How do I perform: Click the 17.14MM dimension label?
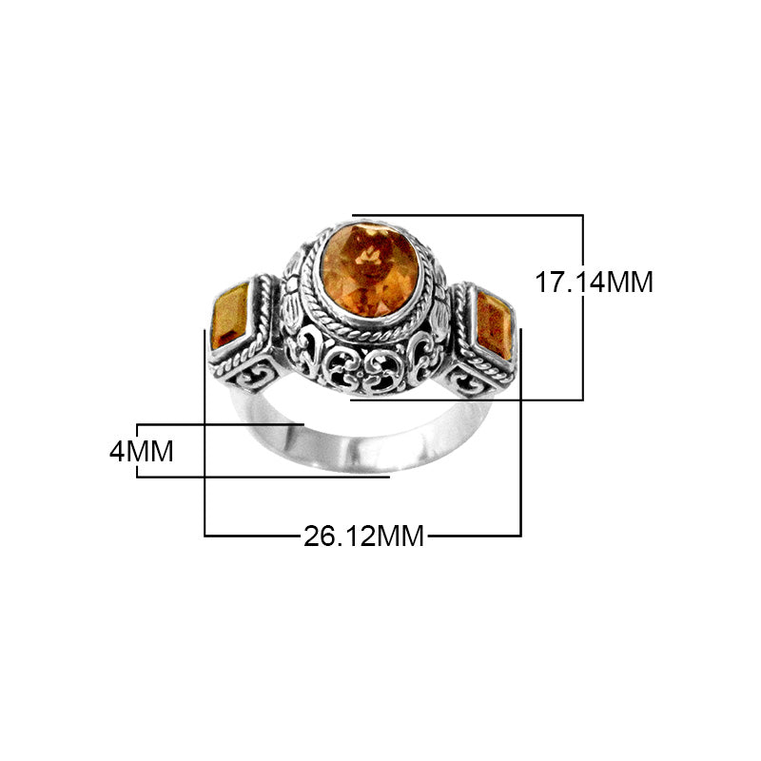pyautogui.click(x=593, y=282)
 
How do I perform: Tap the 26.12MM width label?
pyautogui.click(x=363, y=537)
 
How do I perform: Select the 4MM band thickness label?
pyautogui.click(x=142, y=450)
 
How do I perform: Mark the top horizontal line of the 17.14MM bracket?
pyautogui.click(x=466, y=215)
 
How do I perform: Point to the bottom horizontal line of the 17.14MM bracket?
pyautogui.click(x=466, y=400)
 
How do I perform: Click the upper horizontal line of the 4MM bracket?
pyautogui.click(x=219, y=423)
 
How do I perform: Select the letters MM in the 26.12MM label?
pyautogui.click(x=400, y=537)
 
